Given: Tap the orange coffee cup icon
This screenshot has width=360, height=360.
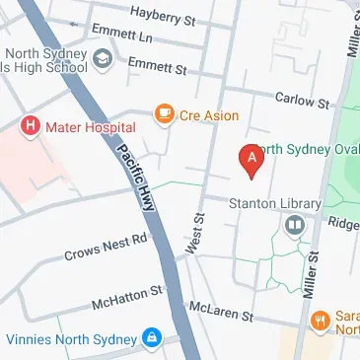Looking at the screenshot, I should [x=164, y=115].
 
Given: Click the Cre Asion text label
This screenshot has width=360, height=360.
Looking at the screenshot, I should [x=208, y=116].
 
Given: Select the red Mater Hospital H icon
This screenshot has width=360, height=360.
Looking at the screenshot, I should [x=31, y=126].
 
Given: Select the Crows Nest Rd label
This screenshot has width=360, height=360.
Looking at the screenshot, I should [x=105, y=247].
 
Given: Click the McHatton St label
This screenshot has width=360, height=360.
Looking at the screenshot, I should [x=125, y=297].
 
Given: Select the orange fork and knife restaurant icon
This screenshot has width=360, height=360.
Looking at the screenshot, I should [x=320, y=322].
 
